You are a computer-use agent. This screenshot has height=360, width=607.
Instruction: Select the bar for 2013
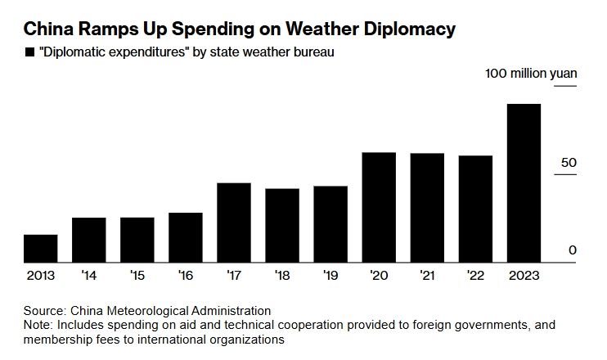point(40,249)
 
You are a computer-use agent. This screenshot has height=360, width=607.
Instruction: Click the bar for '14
point(88,240)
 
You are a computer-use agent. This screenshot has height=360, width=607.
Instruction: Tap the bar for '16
point(185,237)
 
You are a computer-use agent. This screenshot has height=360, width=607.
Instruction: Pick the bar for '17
point(233,223)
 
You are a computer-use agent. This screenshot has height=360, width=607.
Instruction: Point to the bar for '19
point(330,224)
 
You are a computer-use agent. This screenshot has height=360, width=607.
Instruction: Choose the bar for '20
point(379,208)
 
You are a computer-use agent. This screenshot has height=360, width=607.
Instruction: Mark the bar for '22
point(475,209)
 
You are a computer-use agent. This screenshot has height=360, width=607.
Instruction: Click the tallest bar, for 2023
point(524,183)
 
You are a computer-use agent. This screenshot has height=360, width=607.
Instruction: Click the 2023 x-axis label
point(524,276)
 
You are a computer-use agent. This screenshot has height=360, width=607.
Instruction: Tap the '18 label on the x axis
point(282,276)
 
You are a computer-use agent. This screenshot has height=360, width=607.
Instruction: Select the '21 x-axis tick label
point(427,276)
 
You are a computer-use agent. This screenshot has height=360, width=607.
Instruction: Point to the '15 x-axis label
point(137,276)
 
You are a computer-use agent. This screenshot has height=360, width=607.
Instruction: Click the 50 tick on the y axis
point(569,163)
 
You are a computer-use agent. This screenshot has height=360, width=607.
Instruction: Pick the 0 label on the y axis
point(573,250)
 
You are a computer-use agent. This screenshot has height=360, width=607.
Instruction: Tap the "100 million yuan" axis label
point(531,74)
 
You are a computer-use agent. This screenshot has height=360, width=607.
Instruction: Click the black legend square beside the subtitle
point(30,53)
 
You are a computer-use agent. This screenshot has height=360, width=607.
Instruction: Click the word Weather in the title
point(306,30)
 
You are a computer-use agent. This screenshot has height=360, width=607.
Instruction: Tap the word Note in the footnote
point(37,325)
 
